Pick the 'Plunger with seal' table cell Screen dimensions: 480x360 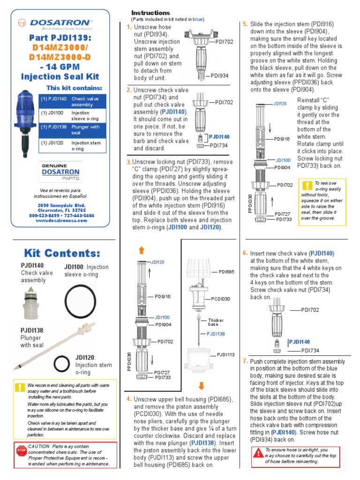tap(88, 130)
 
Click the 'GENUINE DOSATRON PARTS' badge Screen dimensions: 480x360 tap(60, 172)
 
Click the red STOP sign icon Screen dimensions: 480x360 tap(21, 450)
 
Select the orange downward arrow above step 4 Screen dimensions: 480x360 tap(202, 386)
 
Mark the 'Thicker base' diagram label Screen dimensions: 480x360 tap(216, 322)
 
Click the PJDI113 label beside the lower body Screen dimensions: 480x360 tap(226, 355)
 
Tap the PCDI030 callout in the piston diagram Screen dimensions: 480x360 tap(220, 298)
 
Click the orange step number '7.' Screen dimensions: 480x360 tap(245, 361)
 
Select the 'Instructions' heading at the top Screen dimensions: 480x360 tap(150, 13)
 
